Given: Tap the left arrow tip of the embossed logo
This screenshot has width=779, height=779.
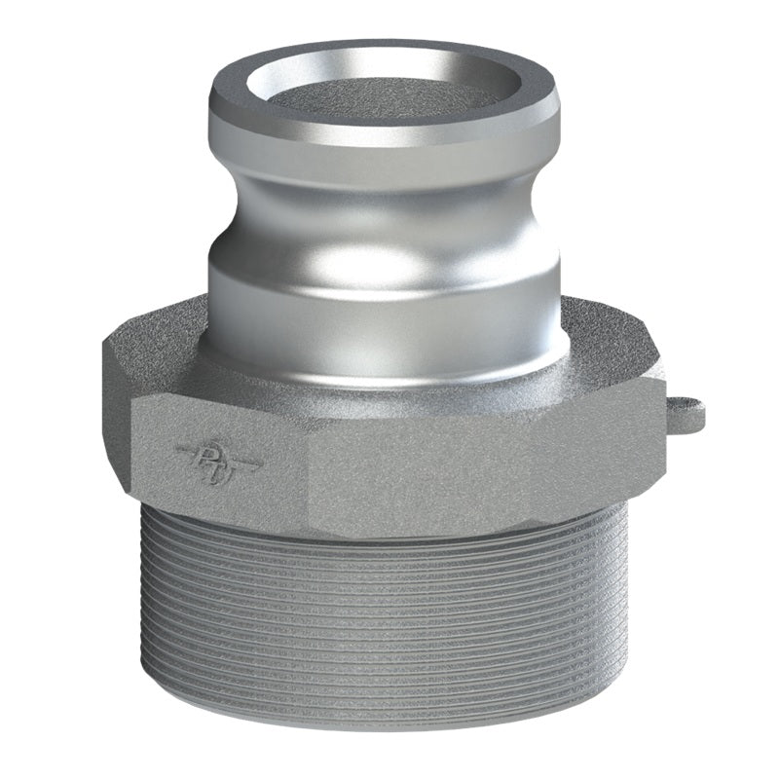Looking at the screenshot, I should tap(178, 449).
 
